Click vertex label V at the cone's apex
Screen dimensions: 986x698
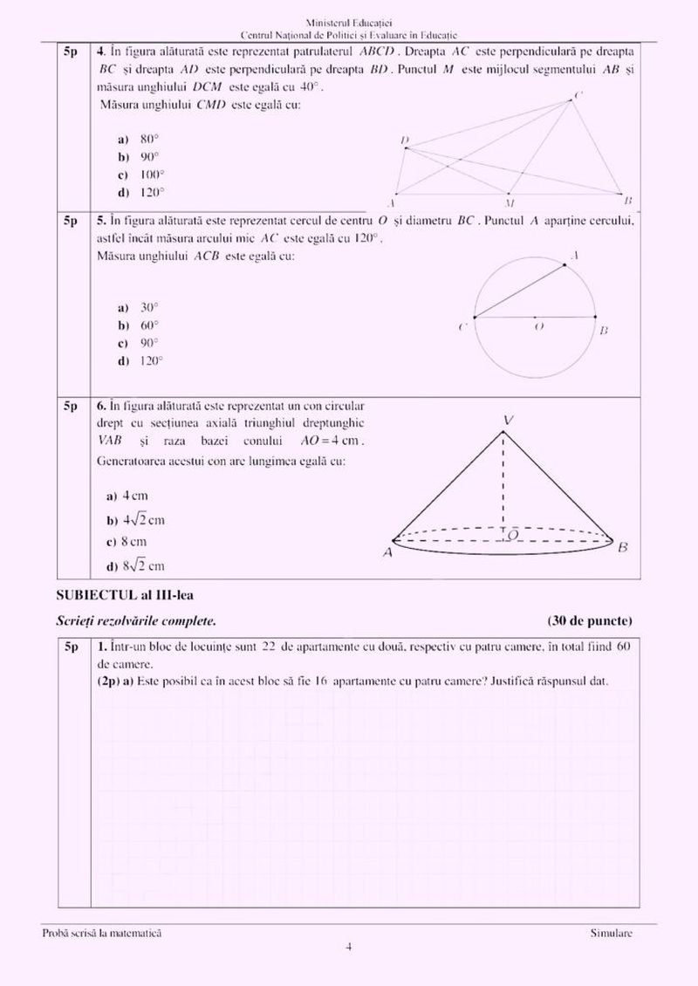(x=508, y=421)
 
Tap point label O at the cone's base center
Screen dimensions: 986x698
(x=513, y=532)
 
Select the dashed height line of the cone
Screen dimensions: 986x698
(x=503, y=480)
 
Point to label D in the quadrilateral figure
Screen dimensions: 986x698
(x=404, y=140)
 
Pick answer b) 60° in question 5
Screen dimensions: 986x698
(x=140, y=325)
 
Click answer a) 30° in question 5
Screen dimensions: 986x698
(x=140, y=307)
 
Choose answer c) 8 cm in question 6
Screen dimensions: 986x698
(x=131, y=542)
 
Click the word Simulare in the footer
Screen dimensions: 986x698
(x=611, y=934)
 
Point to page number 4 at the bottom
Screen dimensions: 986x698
(x=348, y=947)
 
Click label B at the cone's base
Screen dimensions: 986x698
(x=623, y=548)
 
